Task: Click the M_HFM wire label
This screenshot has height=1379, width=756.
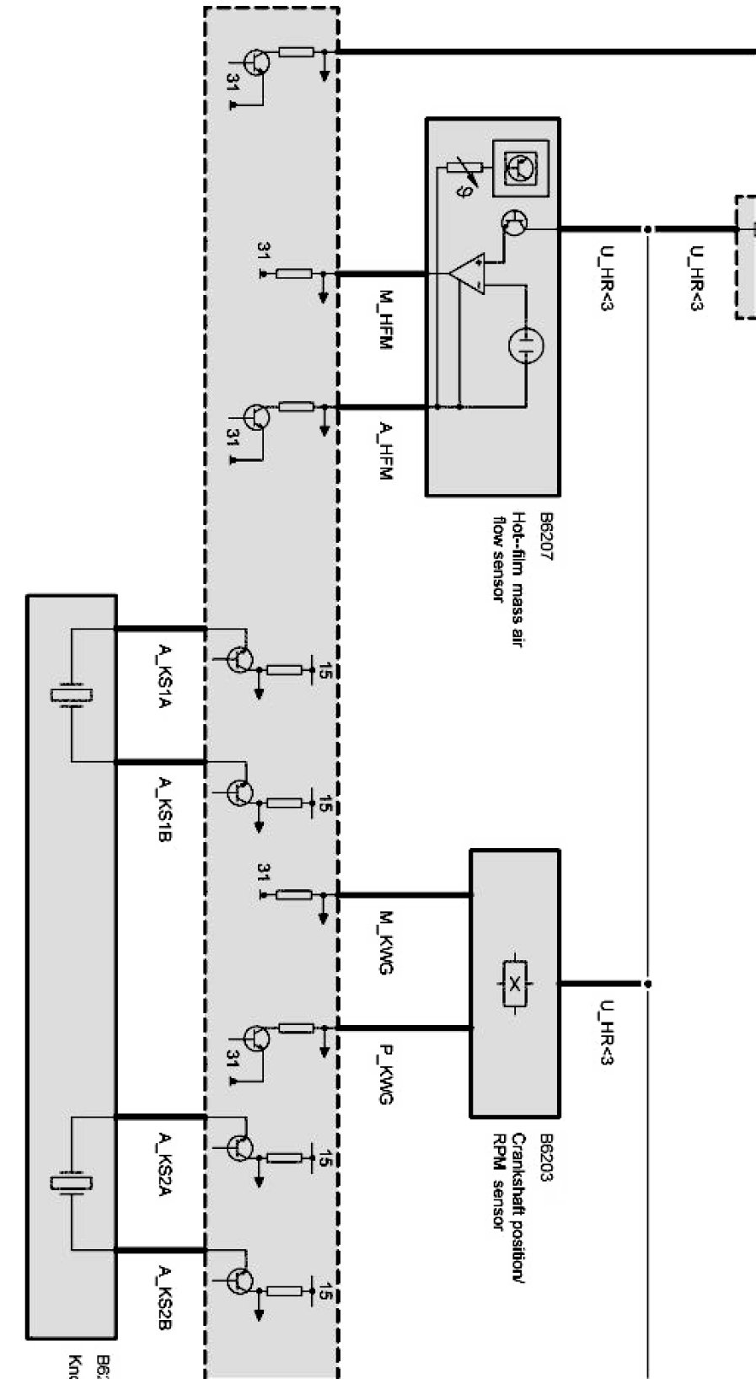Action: click(384, 321)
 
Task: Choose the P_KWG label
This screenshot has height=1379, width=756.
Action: click(384, 1075)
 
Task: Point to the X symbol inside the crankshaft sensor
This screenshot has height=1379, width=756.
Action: click(513, 983)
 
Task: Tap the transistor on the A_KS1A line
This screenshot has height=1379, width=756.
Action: click(240, 658)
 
